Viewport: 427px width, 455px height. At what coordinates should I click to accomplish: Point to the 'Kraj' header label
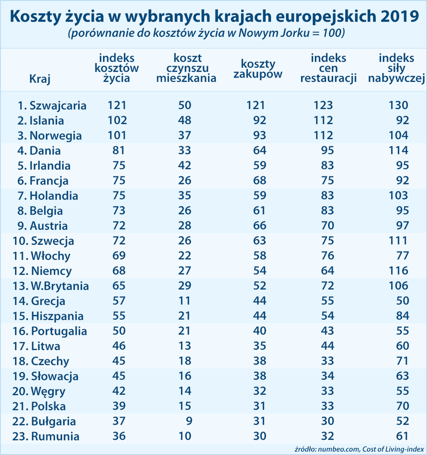point(40,79)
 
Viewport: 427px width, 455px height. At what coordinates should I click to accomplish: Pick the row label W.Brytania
point(59,286)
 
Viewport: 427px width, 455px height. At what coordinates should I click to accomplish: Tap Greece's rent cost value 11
point(185,301)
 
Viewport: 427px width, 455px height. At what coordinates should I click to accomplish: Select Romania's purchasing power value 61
point(401,436)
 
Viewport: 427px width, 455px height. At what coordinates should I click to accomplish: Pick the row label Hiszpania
point(57,316)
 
